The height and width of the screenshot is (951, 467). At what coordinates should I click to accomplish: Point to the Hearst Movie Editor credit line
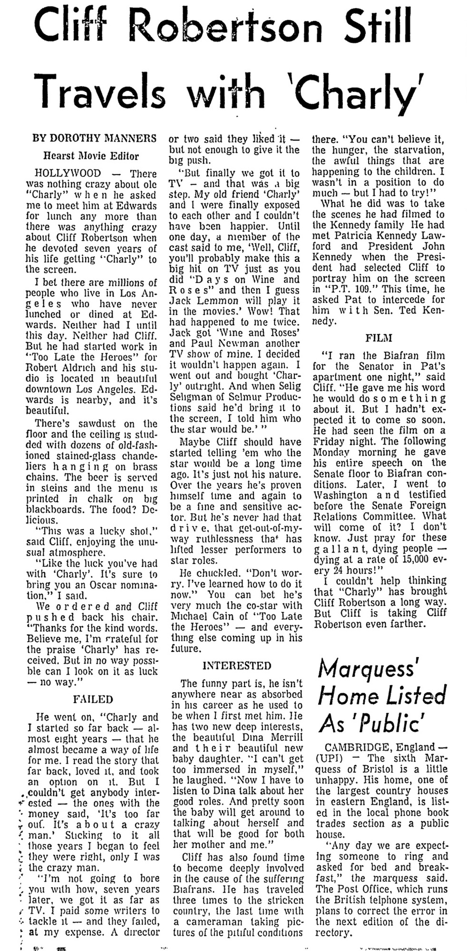[x=91, y=155]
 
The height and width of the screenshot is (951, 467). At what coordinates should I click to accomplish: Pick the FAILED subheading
[x=93, y=699]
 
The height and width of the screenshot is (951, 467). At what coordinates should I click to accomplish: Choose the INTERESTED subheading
[x=237, y=665]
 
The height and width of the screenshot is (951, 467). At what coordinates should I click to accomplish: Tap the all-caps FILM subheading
[x=379, y=338]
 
